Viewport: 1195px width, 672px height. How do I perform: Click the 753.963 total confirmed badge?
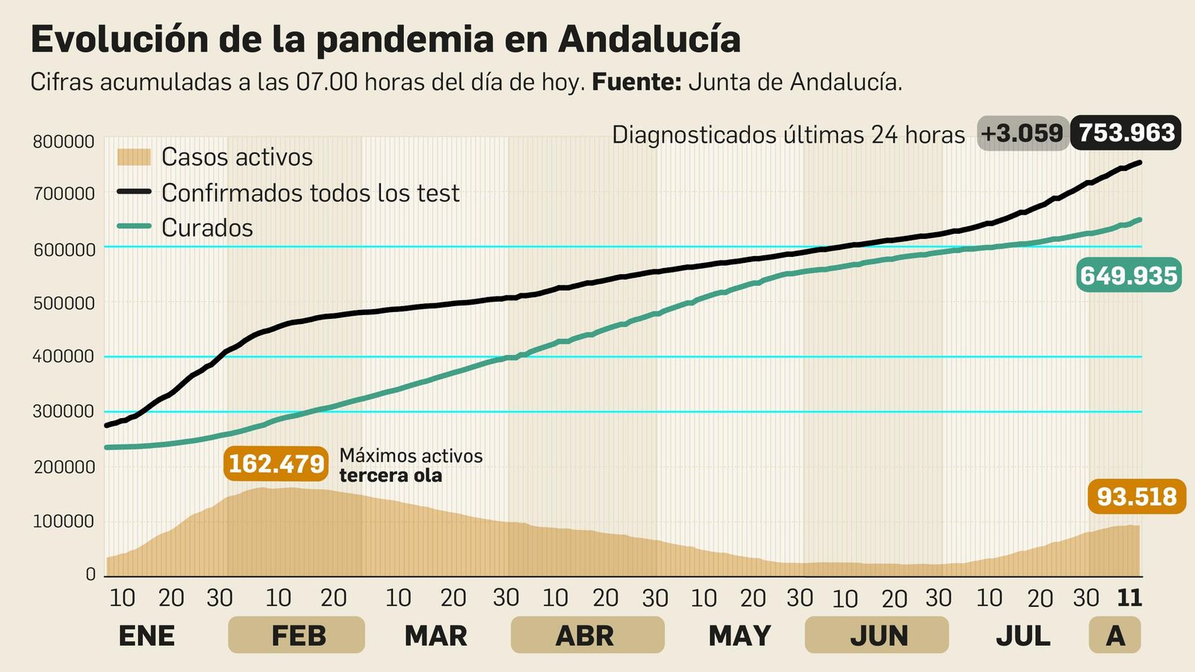[1126, 133]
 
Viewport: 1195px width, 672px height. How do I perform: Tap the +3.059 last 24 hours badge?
[1022, 133]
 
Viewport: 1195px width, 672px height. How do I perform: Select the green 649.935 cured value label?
[1129, 276]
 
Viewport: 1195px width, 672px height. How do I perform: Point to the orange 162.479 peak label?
[276, 464]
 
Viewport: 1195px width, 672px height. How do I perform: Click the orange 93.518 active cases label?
[1137, 497]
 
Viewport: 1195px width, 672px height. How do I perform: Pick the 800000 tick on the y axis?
[63, 142]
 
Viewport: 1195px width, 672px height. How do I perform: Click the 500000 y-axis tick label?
[63, 303]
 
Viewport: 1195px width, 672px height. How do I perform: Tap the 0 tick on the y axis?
[90, 574]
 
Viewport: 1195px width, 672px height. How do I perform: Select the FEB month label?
[297, 635]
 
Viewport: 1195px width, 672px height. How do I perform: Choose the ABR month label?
[585, 635]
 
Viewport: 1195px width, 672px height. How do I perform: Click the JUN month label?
[879, 635]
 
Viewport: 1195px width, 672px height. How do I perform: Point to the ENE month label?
[146, 635]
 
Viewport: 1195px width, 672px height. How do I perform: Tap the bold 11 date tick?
[1129, 597]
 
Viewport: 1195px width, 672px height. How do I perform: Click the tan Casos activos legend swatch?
[134, 157]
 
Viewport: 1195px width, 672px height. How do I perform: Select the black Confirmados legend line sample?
[134, 192]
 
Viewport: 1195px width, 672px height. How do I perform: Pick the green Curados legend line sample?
[134, 227]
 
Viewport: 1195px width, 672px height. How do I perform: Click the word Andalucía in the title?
[648, 40]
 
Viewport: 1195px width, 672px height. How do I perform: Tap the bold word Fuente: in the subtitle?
[636, 82]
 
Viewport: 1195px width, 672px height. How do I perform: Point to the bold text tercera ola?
[390, 476]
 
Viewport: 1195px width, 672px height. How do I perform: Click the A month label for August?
[1115, 635]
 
